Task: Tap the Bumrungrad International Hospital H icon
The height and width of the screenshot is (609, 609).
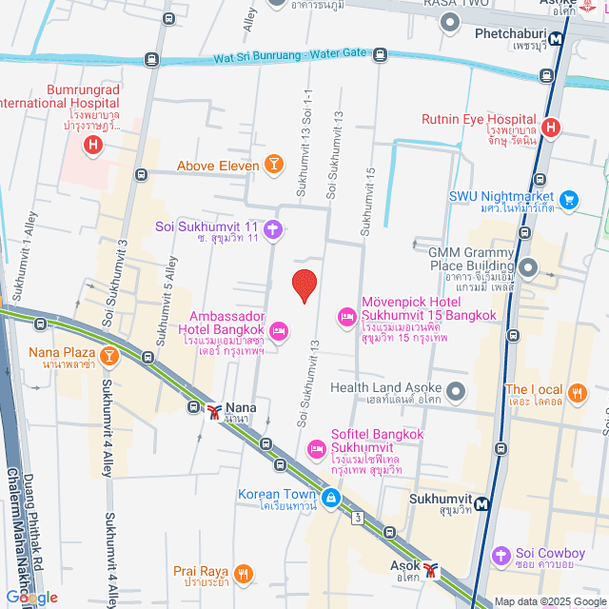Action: click(x=92, y=146)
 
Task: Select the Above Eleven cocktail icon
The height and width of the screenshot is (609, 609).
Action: click(x=274, y=166)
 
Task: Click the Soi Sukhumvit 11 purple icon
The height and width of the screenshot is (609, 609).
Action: click(x=273, y=227)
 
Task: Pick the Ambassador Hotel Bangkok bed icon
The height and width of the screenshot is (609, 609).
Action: click(x=279, y=331)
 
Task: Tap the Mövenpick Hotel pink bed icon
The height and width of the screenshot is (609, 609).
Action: click(x=346, y=315)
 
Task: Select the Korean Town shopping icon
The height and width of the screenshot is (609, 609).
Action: click(x=330, y=496)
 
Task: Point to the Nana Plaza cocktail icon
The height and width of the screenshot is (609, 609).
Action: click(x=109, y=356)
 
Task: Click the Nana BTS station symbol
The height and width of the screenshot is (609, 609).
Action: click(x=214, y=410)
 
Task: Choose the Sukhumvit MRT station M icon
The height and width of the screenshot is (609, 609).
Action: click(x=484, y=504)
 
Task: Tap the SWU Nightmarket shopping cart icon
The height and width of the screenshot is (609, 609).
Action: click(x=569, y=199)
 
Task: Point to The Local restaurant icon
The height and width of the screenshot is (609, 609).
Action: click(x=576, y=391)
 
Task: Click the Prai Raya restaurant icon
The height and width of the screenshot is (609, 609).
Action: click(x=243, y=573)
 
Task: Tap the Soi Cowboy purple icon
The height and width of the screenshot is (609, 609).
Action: click(x=501, y=555)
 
